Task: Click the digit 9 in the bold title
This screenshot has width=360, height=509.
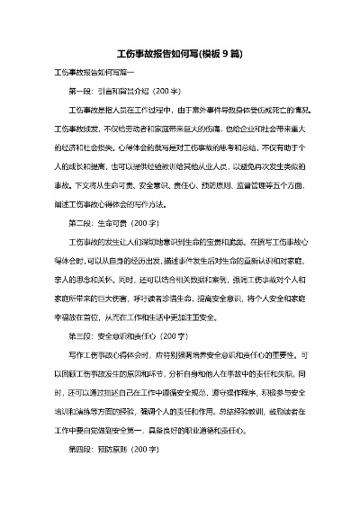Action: [223, 54]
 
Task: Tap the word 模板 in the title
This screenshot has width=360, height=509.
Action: [205, 54]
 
